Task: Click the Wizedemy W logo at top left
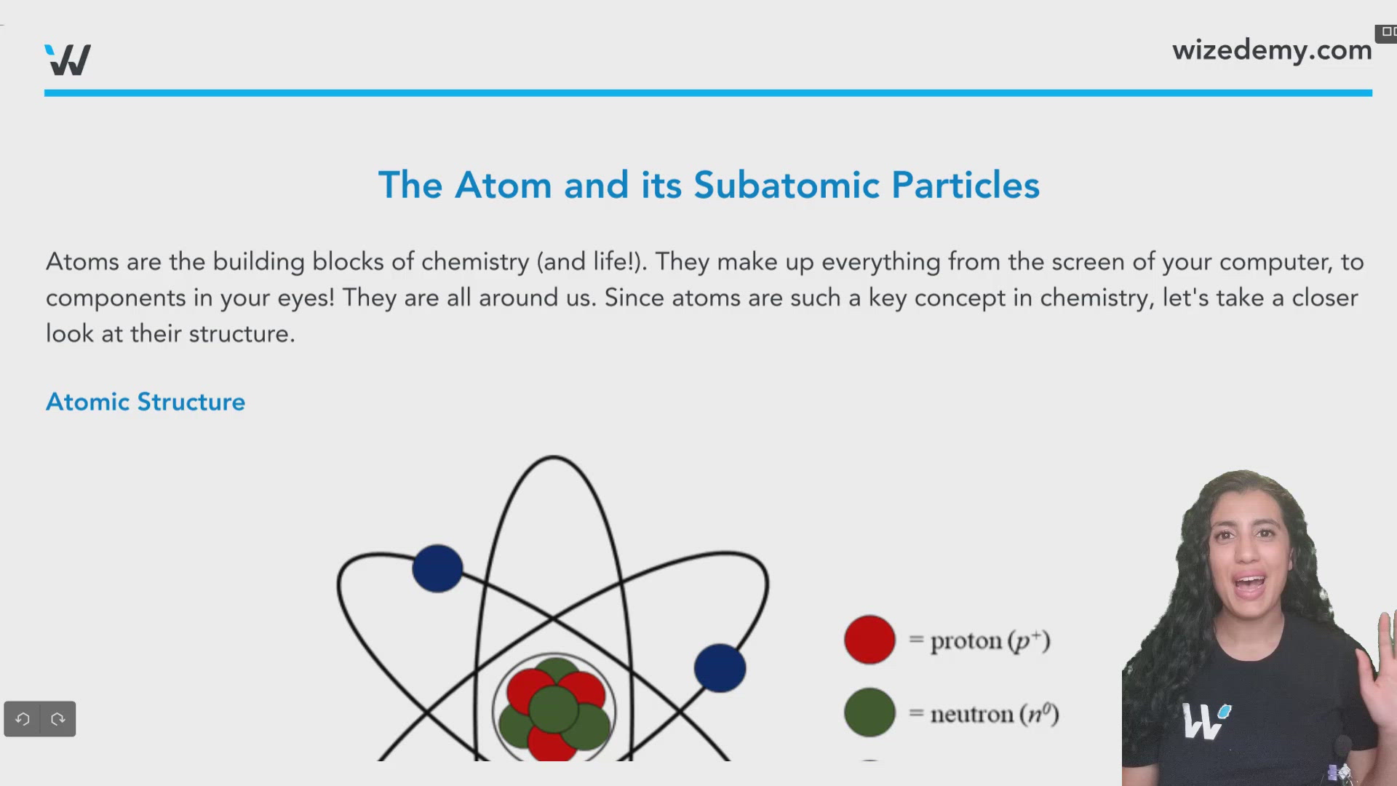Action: pos(68,60)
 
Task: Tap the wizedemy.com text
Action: pos(1271,50)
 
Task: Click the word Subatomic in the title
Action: pos(786,185)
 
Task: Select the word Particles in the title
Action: pos(965,185)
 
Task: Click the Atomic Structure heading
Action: pos(146,402)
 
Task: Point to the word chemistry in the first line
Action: pos(474,262)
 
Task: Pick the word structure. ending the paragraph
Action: pos(242,334)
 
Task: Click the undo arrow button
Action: pos(23,719)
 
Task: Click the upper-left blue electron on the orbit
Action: pos(437,568)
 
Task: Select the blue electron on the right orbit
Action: pos(720,668)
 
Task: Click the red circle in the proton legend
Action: pos(869,640)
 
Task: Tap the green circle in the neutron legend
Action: pos(869,712)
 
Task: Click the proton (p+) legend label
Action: pos(990,640)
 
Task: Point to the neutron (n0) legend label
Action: pos(994,714)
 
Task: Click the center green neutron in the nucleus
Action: pos(553,707)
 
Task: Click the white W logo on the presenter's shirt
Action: pos(1203,720)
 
